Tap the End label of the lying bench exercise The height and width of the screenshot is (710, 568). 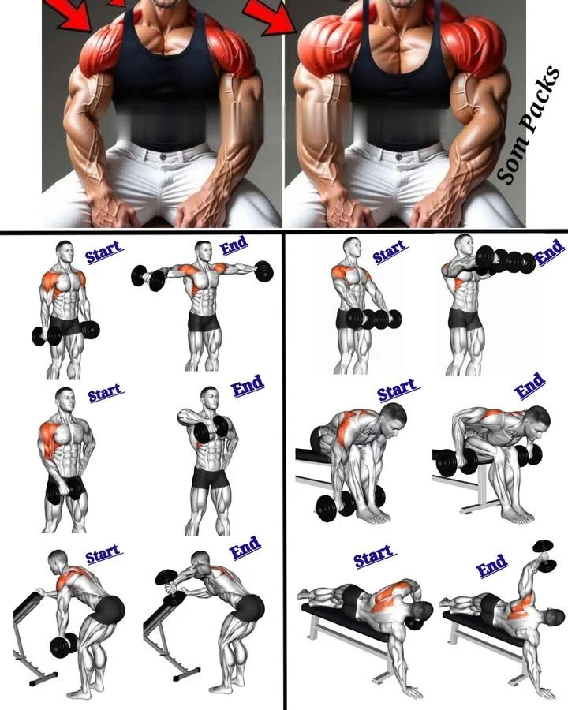pyautogui.click(x=491, y=566)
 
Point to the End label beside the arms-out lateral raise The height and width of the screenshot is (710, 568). pyautogui.click(x=234, y=247)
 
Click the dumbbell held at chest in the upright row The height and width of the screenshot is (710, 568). pyautogui.click(x=219, y=428)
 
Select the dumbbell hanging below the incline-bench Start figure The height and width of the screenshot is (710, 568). pyautogui.click(x=63, y=645)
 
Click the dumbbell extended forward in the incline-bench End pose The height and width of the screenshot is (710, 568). pyautogui.click(x=169, y=582)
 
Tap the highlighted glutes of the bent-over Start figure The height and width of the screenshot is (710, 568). pyautogui.click(x=110, y=609)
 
